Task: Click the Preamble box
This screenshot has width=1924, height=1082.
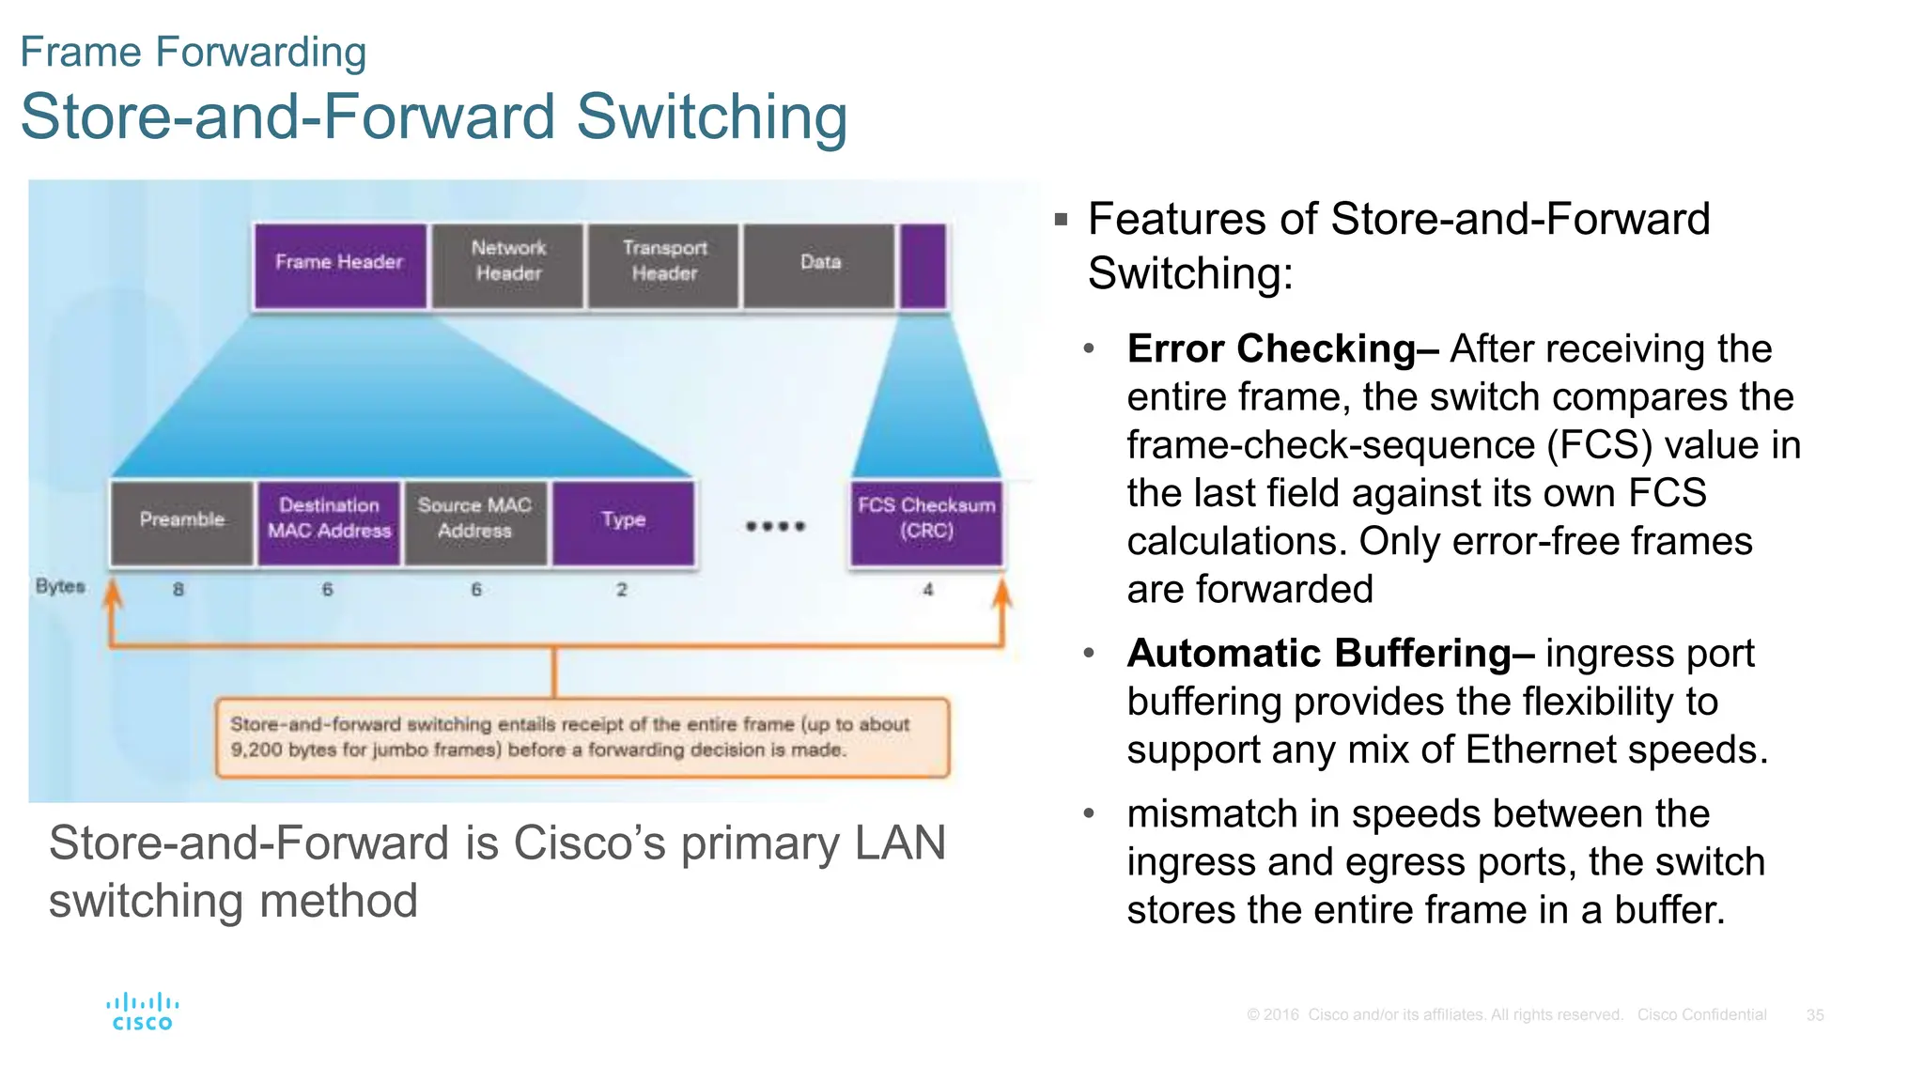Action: click(x=182, y=522)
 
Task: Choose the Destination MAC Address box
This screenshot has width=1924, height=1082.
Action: click(x=329, y=522)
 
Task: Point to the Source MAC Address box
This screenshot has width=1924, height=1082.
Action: click(x=474, y=522)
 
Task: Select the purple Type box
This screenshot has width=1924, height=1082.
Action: click(x=623, y=522)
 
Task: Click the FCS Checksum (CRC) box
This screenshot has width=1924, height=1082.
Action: click(x=926, y=522)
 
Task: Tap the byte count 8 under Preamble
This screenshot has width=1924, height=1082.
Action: click(x=178, y=590)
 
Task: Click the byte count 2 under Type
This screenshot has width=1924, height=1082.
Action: click(x=621, y=590)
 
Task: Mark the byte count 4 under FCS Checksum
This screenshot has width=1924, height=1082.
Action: click(x=928, y=590)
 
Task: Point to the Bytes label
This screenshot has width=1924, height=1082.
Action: click(x=60, y=586)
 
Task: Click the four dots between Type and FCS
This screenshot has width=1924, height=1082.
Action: click(x=775, y=526)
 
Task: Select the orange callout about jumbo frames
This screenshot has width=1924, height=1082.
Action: click(x=582, y=737)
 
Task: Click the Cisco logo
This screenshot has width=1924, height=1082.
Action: click(x=143, y=1012)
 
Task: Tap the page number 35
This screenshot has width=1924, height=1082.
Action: click(x=1815, y=1015)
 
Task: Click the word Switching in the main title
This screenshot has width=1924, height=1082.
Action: click(x=711, y=117)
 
